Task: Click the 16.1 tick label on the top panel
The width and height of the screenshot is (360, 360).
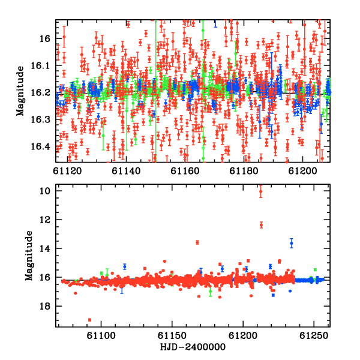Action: click(x=40, y=65)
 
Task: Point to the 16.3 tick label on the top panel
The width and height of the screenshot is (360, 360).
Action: click(x=40, y=119)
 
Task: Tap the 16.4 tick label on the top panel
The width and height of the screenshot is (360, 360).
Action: click(x=40, y=146)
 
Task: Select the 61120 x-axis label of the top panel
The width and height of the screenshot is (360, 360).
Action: click(x=67, y=171)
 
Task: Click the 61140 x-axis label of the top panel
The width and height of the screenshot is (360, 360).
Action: click(x=126, y=171)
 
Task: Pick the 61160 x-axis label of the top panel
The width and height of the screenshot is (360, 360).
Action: click(x=185, y=171)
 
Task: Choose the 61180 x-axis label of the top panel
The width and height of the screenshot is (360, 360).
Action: click(x=244, y=171)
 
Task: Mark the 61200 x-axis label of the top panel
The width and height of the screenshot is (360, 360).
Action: click(x=302, y=171)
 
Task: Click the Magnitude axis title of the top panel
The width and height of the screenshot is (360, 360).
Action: click(x=20, y=91)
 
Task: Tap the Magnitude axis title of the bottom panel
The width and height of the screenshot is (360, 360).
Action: click(x=29, y=256)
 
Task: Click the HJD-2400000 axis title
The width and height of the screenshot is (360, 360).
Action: click(x=193, y=347)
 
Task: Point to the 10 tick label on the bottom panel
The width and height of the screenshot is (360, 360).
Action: click(x=45, y=191)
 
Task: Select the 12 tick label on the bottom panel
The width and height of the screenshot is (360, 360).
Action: click(x=45, y=220)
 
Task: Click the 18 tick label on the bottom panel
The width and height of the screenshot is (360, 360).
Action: click(x=45, y=306)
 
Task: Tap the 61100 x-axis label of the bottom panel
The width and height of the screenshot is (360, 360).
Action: click(x=101, y=336)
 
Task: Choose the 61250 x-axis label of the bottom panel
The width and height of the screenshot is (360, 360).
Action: click(x=314, y=336)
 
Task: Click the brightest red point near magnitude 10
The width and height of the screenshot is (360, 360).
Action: click(x=260, y=191)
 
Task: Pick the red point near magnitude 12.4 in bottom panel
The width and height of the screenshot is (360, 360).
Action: click(x=261, y=225)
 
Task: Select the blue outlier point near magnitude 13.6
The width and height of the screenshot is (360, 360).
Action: click(x=292, y=243)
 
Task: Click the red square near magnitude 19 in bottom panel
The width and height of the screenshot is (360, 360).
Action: click(x=90, y=320)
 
